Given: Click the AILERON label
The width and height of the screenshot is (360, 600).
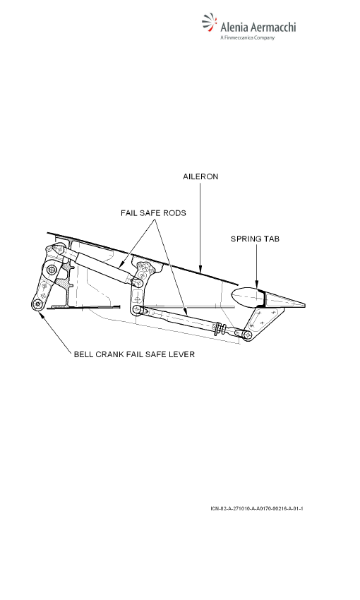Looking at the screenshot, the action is click(x=200, y=176).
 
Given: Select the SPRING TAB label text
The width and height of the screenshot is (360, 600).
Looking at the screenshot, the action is click(x=255, y=239).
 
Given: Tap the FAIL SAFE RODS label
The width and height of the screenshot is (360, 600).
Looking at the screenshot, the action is click(x=153, y=212).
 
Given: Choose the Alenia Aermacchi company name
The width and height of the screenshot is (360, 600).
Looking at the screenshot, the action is click(x=258, y=27).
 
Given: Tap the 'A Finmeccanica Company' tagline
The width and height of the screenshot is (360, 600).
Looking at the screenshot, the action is click(x=248, y=37).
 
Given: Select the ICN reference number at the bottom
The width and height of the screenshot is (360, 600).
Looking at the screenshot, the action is click(x=257, y=508).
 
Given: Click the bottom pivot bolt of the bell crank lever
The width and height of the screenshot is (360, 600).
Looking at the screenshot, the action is click(x=37, y=304).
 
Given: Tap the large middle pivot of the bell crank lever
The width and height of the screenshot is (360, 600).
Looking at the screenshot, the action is click(x=52, y=270).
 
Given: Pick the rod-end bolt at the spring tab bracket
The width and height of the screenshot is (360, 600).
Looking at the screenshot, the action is click(x=248, y=335).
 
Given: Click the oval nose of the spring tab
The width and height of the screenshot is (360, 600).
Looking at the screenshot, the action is click(x=245, y=297).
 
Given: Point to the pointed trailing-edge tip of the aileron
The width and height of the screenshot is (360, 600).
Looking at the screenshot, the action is click(x=304, y=305).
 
